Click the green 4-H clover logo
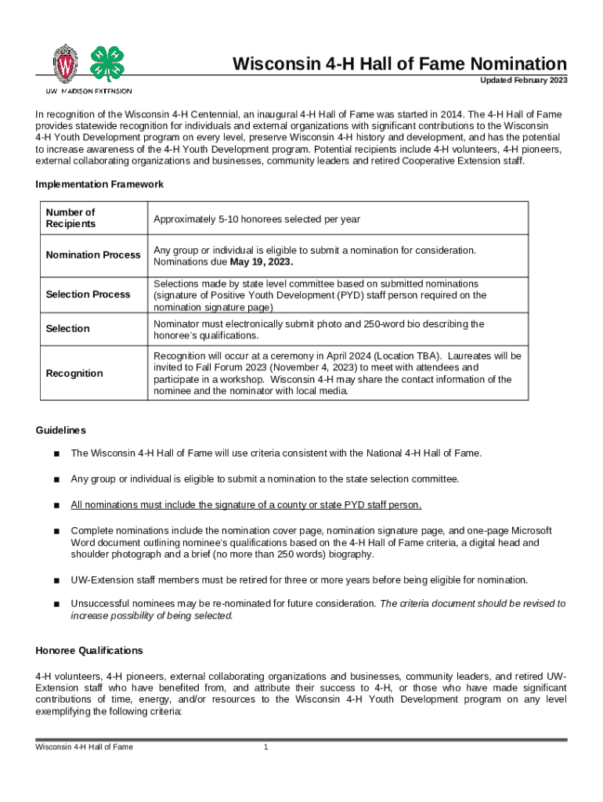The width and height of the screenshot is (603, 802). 107,64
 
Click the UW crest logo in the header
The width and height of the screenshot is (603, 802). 65,63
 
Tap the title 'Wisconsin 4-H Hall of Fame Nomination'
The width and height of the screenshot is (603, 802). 399,63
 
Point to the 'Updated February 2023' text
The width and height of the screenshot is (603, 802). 524,81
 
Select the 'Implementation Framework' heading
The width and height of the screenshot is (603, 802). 99,184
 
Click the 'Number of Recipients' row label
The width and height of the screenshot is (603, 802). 70,218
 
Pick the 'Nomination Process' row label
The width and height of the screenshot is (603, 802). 93,255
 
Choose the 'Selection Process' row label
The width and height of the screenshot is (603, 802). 88,294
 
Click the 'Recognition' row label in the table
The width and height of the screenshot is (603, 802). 74,373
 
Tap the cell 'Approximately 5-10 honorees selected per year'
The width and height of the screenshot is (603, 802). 257,219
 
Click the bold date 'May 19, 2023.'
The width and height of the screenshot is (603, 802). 261,262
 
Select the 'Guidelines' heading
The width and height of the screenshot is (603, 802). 61,431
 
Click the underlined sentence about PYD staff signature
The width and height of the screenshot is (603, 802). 247,504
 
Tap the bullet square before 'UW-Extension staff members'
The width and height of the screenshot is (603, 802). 56,580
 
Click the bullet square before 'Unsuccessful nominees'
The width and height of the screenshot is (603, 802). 56,605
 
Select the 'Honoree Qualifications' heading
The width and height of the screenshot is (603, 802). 89,651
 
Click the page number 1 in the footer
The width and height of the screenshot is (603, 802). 266,746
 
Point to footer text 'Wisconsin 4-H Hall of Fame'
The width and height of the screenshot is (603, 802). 84,746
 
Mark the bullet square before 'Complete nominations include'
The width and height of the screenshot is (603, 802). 56,530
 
